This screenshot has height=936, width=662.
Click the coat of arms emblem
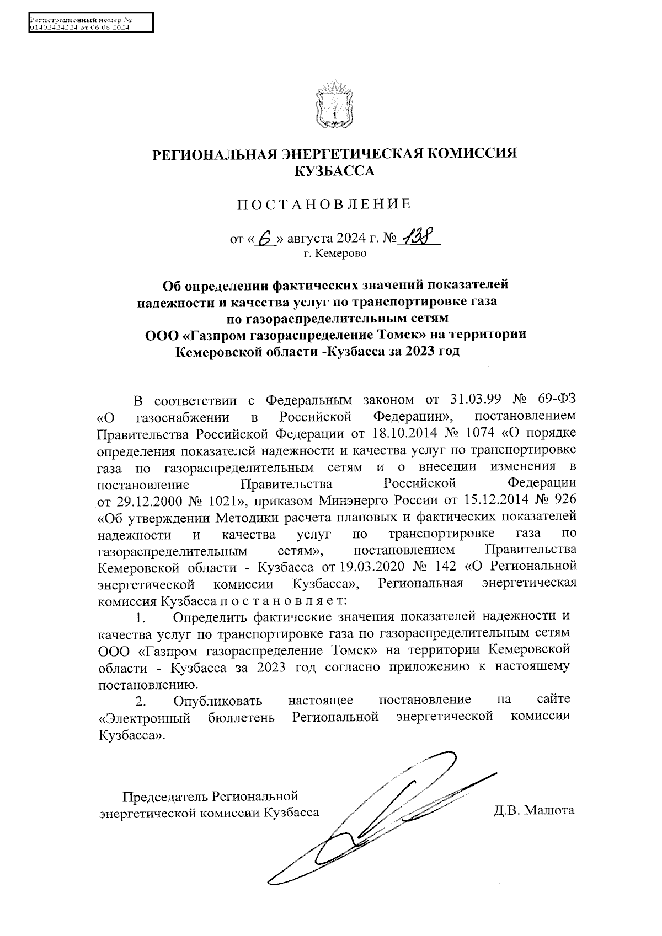click(x=331, y=104)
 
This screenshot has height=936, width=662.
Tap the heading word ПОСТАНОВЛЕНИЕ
click(x=324, y=205)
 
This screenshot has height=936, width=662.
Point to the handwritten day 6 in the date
click(x=266, y=238)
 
